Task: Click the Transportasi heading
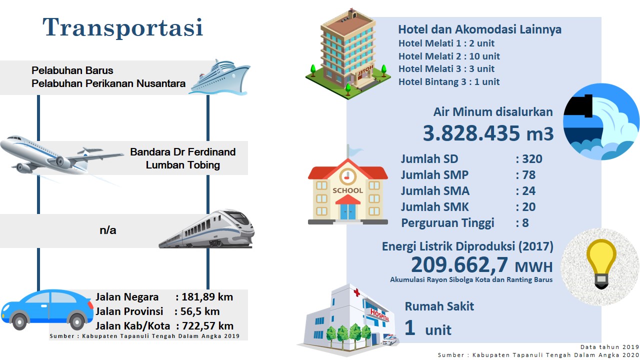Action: click(123, 27)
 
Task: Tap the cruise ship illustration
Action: click(219, 77)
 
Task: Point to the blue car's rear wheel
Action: click(77, 321)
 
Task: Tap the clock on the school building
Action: click(347, 176)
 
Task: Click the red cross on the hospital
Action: click(356, 292)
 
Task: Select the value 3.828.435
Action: click(471, 133)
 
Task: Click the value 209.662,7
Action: click(459, 265)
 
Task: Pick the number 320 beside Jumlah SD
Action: click(532, 159)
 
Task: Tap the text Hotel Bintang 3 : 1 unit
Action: click(449, 81)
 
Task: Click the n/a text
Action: click(108, 230)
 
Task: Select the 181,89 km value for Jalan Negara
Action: click(207, 297)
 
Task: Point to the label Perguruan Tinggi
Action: click(447, 223)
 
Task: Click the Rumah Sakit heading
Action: click(439, 306)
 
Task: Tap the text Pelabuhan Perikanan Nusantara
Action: click(108, 83)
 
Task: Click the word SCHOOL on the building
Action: click(347, 190)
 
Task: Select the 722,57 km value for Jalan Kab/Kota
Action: click(207, 326)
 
